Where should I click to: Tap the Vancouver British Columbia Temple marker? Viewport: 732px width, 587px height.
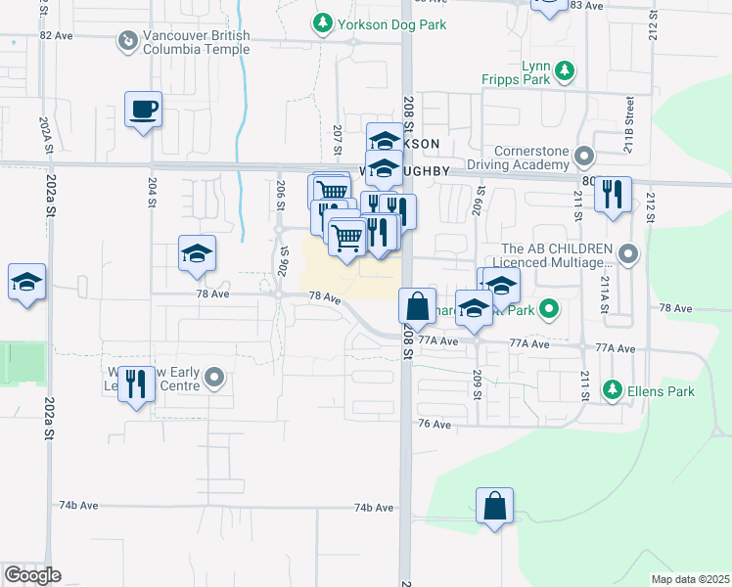pos(125,42)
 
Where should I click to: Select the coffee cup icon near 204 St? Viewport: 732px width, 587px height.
pos(144,109)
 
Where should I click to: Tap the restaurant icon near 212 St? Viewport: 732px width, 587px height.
pos(613,193)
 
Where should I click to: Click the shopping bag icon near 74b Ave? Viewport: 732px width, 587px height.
pos(495,506)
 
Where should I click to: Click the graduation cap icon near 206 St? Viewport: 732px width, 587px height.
pos(197,253)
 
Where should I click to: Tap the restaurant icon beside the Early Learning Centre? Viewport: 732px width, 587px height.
pos(137,384)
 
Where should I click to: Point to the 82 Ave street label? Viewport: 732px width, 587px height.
pos(57,35)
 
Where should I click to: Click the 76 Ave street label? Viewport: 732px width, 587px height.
pos(434,425)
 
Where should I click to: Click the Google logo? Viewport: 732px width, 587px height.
pos(32,575)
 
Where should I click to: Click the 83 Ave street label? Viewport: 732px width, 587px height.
pos(587,6)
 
